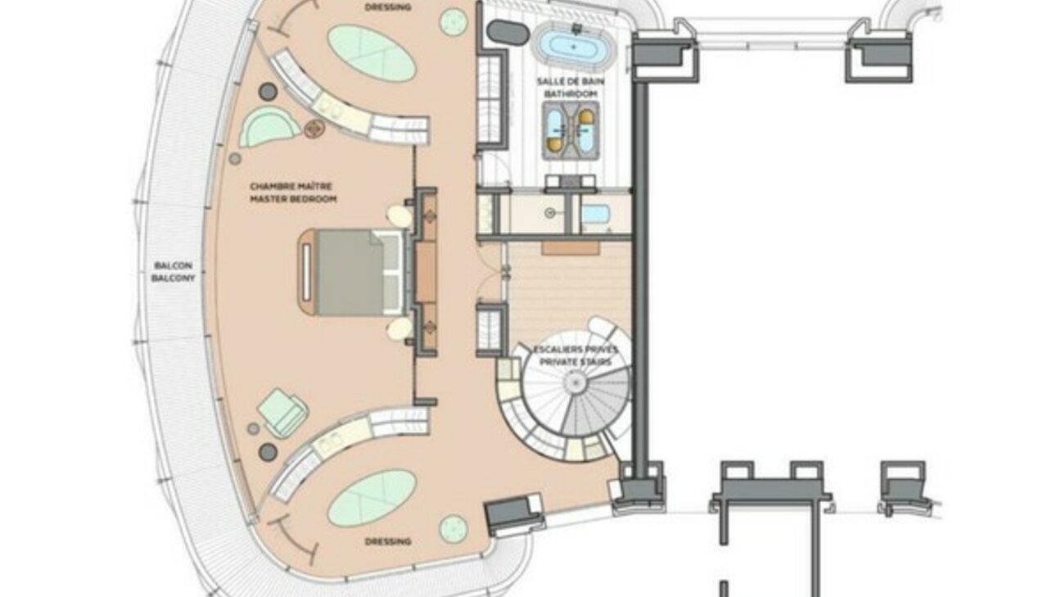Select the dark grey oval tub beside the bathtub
click(x=508, y=32)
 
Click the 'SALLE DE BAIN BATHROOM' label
click(x=571, y=88)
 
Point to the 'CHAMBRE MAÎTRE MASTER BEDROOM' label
click(x=293, y=192)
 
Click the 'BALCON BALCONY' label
click(x=173, y=272)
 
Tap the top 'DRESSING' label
click(x=388, y=7)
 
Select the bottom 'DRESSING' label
click(x=388, y=541)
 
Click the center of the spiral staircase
click(x=576, y=382)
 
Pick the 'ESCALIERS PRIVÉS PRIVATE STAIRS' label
click(x=576, y=356)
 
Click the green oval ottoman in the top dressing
click(x=372, y=53)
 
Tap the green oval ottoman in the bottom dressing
click(x=372, y=498)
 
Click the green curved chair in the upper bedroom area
click(x=268, y=126)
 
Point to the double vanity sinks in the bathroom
click(x=571, y=130)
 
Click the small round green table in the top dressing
click(x=454, y=22)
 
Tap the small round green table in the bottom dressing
click(x=454, y=529)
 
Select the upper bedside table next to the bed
click(x=400, y=216)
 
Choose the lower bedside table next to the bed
click(x=400, y=328)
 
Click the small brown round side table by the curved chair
click(x=314, y=129)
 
